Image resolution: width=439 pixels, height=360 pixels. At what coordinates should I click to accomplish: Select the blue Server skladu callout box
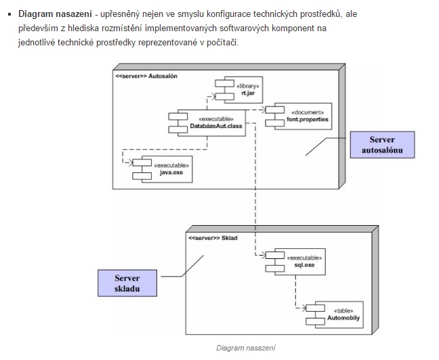pos(127,284)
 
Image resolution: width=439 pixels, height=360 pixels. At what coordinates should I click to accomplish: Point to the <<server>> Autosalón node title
pos(146,77)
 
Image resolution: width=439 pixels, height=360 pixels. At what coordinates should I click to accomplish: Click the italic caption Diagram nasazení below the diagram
pos(246,348)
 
